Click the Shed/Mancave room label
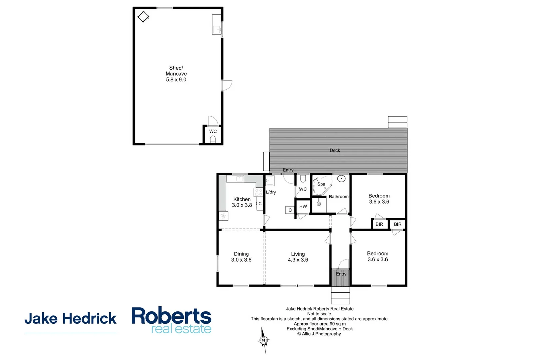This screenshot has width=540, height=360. (x=176, y=74)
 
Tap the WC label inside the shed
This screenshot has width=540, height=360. (x=213, y=131)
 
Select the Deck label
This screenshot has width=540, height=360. (x=335, y=150)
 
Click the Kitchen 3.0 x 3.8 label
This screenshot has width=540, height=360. (x=242, y=202)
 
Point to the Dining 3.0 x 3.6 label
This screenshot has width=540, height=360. (x=241, y=257)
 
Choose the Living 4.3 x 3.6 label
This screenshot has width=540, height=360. (x=298, y=257)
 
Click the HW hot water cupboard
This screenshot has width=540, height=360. (x=303, y=206)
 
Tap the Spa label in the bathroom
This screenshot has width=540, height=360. (x=321, y=184)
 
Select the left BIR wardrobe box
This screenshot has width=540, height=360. (x=379, y=224)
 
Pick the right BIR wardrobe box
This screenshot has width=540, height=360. (x=398, y=224)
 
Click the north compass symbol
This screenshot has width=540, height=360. (x=264, y=340)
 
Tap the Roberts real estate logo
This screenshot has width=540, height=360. (x=171, y=320)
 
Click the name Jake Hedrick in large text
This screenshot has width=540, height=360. (x=70, y=319)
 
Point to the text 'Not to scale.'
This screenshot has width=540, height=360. (x=320, y=314)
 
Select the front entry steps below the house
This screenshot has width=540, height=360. (x=340, y=295)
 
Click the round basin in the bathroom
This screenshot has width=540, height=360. (x=341, y=179)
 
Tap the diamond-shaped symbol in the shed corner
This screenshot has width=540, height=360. (x=143, y=16)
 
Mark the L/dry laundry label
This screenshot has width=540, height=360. (x=271, y=192)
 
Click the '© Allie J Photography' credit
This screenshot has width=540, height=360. (x=319, y=334)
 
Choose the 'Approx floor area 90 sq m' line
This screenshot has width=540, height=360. (x=320, y=324)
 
